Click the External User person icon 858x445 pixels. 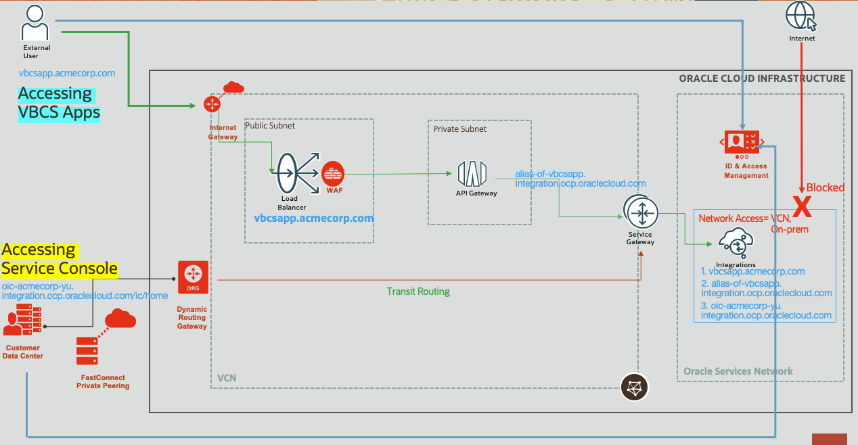[x=35, y=24]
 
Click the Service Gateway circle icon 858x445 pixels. [x=639, y=213]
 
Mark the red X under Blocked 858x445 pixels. [x=802, y=207]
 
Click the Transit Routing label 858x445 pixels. [x=417, y=291]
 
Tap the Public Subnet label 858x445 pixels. [x=270, y=126]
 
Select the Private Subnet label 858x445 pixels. [x=460, y=128]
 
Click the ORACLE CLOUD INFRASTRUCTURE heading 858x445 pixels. [x=762, y=78]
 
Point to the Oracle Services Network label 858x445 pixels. [x=738, y=371]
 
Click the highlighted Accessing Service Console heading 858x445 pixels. [x=59, y=260]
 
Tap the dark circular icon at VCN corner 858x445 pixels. [x=635, y=387]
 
